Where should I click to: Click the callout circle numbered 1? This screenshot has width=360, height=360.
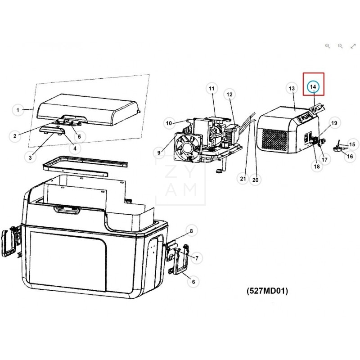pos(18,110)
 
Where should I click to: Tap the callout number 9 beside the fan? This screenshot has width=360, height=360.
pos(159,153)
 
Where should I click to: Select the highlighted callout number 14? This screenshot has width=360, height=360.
pos(314,86)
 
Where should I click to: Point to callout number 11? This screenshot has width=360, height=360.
pos(211,89)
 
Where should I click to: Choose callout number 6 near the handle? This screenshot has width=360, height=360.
pos(193,282)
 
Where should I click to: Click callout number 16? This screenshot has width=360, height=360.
pos(350,156)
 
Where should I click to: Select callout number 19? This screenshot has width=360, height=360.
pos(334,123)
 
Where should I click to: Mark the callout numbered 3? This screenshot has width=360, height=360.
pos(30,157)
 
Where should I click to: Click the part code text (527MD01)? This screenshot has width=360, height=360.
pos(267,291)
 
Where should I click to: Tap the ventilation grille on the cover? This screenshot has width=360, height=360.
pos(275,140)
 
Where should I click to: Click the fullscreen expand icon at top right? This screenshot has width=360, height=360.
pos(353,46)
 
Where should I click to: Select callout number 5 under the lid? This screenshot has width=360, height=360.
pos(79,136)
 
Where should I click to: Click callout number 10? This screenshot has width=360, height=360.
pos(169,123)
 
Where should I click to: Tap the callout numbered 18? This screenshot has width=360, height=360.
pos(317,166)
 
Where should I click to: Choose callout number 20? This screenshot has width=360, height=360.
pos(256,180)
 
